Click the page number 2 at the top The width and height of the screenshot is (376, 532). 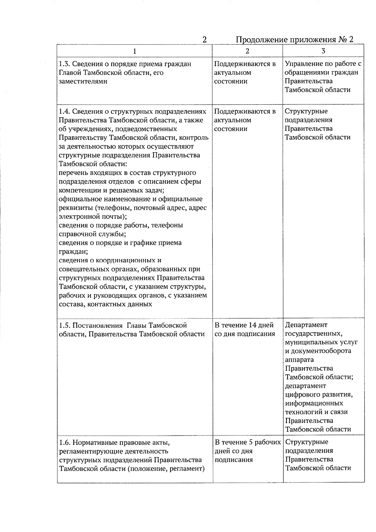204,40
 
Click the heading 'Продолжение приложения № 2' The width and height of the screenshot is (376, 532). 294,40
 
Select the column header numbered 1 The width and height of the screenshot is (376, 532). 134,51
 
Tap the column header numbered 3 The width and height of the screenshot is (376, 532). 323,51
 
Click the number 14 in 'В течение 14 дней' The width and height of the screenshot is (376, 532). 253,325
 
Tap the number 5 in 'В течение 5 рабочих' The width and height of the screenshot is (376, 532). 250,442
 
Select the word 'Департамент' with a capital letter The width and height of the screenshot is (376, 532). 306,325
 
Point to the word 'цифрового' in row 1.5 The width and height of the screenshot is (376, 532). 302,394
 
